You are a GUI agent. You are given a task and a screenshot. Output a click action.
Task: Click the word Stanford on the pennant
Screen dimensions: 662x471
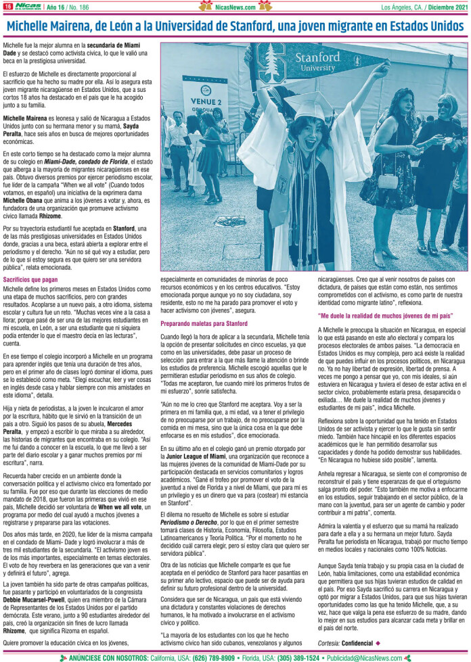click(x=317, y=57)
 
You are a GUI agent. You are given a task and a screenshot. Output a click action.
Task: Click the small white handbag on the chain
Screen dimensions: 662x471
click(x=388, y=181)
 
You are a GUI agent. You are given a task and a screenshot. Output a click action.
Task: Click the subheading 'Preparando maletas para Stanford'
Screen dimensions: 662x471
click(x=194, y=324)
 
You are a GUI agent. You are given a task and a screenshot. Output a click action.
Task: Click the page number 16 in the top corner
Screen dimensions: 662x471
click(x=7, y=7)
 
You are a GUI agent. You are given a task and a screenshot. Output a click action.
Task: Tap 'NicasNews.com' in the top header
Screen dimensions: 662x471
click(x=235, y=7)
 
